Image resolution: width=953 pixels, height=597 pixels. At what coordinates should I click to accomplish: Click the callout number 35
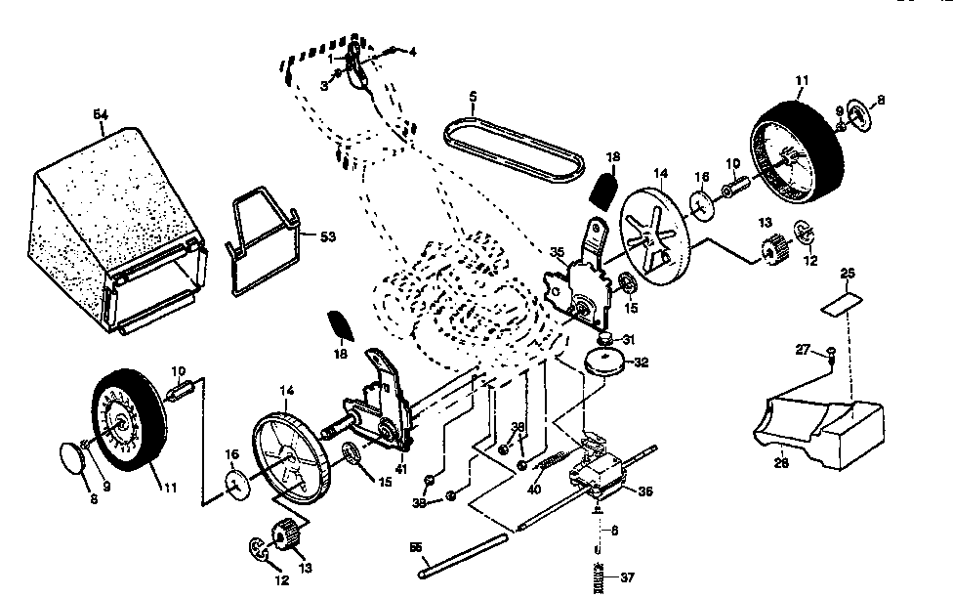pos(558,252)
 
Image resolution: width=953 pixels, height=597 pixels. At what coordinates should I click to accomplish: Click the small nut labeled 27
pos(830,352)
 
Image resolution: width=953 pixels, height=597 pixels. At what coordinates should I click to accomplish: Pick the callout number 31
pos(629,339)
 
